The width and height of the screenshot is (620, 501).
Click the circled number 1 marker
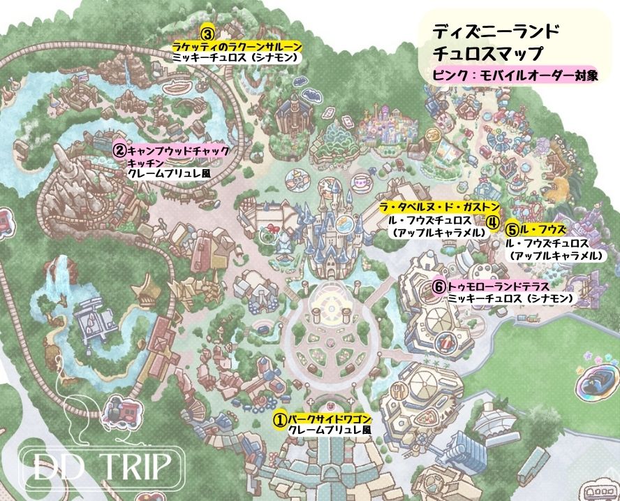pyautogui.click(x=279, y=419)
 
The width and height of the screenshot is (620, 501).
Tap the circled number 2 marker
pyautogui.click(x=119, y=150)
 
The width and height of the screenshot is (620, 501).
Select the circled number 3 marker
pyautogui.click(x=207, y=33)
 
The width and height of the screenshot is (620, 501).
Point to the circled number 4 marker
pyautogui.click(x=492, y=222)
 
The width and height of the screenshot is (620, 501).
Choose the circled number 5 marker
pyautogui.click(x=512, y=228)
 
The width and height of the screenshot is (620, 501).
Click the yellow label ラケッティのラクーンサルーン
pyautogui.click(x=237, y=46)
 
